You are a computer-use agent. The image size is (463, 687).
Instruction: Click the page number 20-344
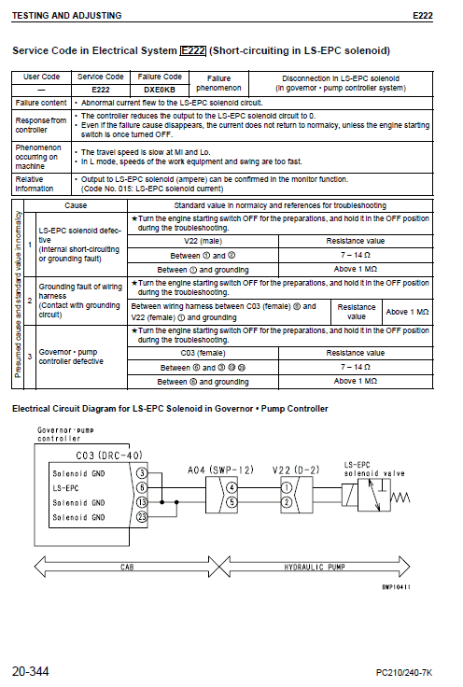click(x=32, y=670)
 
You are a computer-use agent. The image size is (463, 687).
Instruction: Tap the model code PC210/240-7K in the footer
click(x=404, y=672)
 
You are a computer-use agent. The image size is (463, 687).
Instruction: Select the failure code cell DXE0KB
click(x=160, y=90)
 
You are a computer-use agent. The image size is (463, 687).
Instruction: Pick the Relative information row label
click(x=35, y=183)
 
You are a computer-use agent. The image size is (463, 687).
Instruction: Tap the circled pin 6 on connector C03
click(x=142, y=487)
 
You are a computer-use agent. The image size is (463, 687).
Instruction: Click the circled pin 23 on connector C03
click(x=142, y=517)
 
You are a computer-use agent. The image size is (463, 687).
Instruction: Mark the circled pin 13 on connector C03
click(x=142, y=502)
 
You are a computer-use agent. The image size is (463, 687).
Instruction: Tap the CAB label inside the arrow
click(x=128, y=566)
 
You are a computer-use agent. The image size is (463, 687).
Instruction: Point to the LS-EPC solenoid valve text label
click(x=374, y=469)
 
